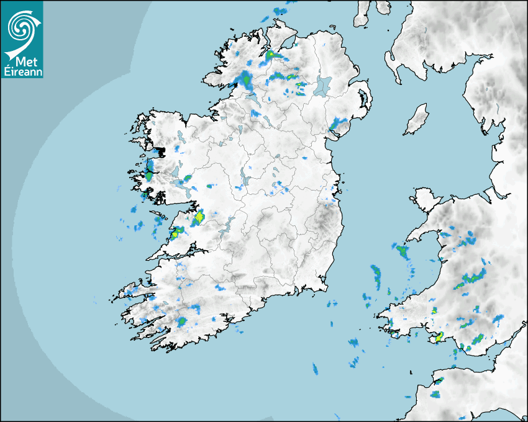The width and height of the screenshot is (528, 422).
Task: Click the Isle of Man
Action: (417, 120)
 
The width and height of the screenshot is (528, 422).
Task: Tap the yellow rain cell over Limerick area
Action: (199, 218)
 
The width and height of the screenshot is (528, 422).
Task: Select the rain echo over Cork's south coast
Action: (182, 321)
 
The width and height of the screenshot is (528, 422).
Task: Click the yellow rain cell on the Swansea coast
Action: (439, 337)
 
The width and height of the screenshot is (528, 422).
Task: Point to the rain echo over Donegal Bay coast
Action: (246, 80)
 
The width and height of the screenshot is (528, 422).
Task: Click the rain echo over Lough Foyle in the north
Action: (271, 55)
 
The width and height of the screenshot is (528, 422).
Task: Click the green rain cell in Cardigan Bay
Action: (402, 251)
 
